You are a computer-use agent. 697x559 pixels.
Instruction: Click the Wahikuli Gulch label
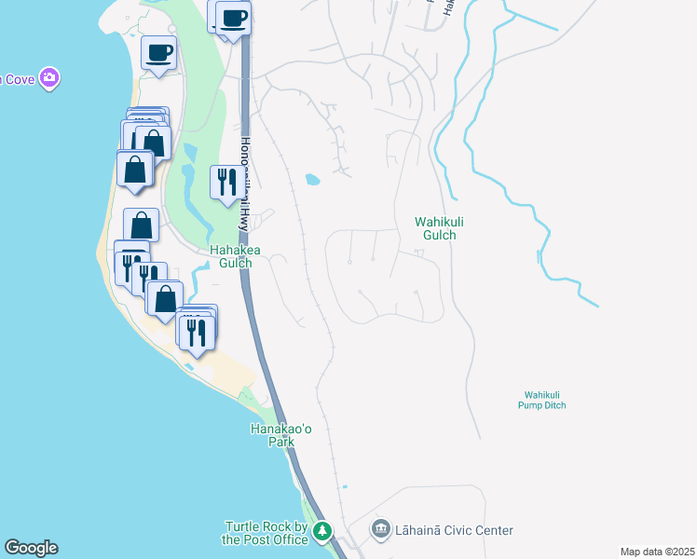pyautogui.click(x=435, y=228)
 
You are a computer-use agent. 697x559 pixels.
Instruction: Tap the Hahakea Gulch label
pyautogui.click(x=230, y=256)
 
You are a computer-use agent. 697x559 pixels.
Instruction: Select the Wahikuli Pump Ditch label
pyautogui.click(x=543, y=400)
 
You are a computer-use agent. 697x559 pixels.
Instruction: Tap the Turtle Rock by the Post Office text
pyautogui.click(x=265, y=533)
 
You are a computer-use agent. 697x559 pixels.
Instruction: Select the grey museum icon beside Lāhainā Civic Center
pyautogui.click(x=380, y=530)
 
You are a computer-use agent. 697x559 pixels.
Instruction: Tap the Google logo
pyautogui.click(x=31, y=548)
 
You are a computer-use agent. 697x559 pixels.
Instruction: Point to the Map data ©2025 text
pyautogui.click(x=656, y=552)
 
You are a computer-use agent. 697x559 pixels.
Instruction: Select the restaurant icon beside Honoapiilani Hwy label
pyautogui.click(x=225, y=181)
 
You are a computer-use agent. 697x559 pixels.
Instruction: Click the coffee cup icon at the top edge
pyautogui.click(x=233, y=17)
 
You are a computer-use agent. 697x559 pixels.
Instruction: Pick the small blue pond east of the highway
pyautogui.click(x=312, y=179)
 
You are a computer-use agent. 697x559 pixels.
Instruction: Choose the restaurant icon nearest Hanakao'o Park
pyautogui.click(x=198, y=332)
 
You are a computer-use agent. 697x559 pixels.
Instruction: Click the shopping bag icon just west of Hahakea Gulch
pyautogui.click(x=142, y=225)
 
